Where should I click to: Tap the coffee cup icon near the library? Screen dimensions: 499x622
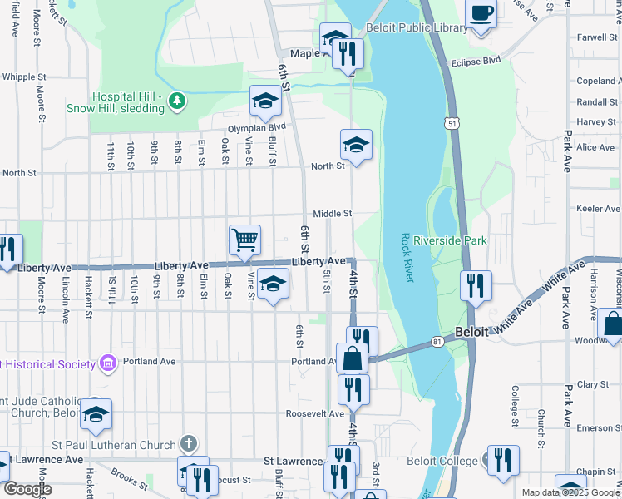(x=481, y=14)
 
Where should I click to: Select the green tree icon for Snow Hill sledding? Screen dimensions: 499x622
(x=175, y=101)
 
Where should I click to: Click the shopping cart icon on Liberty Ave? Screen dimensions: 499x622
(x=245, y=240)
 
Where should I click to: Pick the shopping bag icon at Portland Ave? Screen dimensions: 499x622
(x=352, y=359)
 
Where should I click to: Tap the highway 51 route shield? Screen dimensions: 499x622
(x=452, y=122)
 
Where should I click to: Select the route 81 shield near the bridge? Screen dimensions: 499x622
(x=437, y=342)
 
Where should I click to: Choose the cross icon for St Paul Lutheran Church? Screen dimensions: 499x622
(x=189, y=444)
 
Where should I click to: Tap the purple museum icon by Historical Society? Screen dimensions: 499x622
(x=106, y=363)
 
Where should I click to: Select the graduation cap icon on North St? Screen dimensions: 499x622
(x=356, y=145)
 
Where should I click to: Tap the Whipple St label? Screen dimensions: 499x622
(x=18, y=77)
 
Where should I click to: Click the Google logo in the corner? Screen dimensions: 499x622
(x=27, y=489)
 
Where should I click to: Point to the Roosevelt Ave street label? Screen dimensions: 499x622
(x=315, y=413)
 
